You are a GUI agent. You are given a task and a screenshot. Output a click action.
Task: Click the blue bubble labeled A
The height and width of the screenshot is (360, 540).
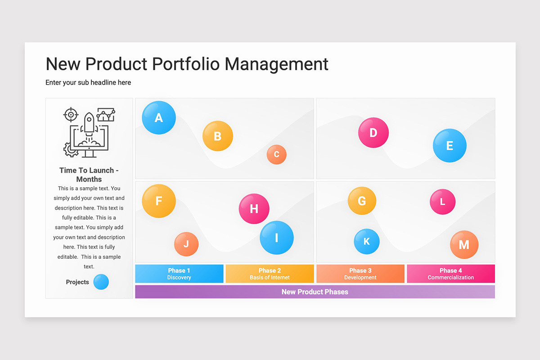click(x=159, y=118)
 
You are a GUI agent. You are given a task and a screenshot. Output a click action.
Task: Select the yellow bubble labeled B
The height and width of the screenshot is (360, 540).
click(x=218, y=136)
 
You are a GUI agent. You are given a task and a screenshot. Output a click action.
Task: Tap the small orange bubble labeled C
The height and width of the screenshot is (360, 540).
click(x=276, y=154)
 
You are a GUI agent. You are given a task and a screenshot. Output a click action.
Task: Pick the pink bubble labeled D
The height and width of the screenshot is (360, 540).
click(x=373, y=133)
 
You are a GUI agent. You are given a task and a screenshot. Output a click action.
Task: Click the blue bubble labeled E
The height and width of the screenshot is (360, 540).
click(x=450, y=146)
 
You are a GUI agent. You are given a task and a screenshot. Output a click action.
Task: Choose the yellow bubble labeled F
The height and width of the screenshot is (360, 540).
click(x=159, y=201)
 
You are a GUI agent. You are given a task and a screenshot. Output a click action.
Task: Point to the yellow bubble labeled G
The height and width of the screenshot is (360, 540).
click(x=362, y=201)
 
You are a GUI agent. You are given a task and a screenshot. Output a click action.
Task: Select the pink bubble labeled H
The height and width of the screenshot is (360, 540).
click(x=254, y=209)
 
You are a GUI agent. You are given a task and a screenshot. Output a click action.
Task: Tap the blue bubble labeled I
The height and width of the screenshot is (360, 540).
click(x=276, y=238)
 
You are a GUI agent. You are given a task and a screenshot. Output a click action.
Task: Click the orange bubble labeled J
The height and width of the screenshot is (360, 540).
click(x=186, y=244)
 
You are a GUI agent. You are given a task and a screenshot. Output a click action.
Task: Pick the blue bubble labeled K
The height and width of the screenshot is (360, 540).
click(x=366, y=241)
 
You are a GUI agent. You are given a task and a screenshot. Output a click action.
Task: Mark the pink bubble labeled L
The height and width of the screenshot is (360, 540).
click(x=442, y=202)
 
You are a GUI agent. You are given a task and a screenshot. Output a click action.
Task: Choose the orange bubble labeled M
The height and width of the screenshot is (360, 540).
click(x=464, y=244)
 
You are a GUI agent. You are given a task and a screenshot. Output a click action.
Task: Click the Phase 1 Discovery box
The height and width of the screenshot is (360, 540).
click(x=179, y=274)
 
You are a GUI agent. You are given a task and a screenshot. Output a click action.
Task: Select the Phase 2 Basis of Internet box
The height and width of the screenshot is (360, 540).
click(x=270, y=274)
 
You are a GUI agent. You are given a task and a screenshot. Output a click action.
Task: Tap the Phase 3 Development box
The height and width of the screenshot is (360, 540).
click(x=360, y=274)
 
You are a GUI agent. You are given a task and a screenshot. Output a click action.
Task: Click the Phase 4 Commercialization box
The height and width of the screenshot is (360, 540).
click(x=451, y=274)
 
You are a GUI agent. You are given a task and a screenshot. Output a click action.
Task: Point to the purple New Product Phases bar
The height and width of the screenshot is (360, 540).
click(x=315, y=292)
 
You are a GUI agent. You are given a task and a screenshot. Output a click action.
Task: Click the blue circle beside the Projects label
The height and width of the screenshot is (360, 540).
click(x=101, y=282)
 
